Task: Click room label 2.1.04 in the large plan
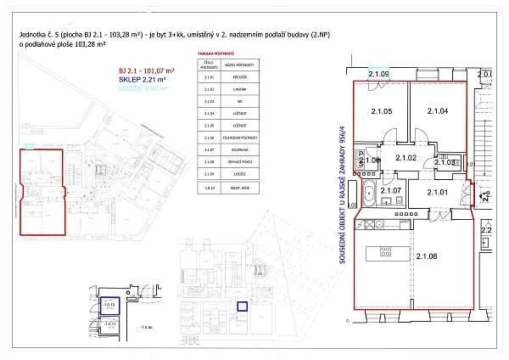pyautogui.click(x=437, y=111)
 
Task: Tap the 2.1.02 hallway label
pyautogui.click(x=404, y=159)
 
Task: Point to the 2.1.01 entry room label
pyautogui.click(x=437, y=193)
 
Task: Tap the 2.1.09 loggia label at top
pyautogui.click(x=378, y=75)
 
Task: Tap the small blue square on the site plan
pyautogui.click(x=242, y=307)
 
